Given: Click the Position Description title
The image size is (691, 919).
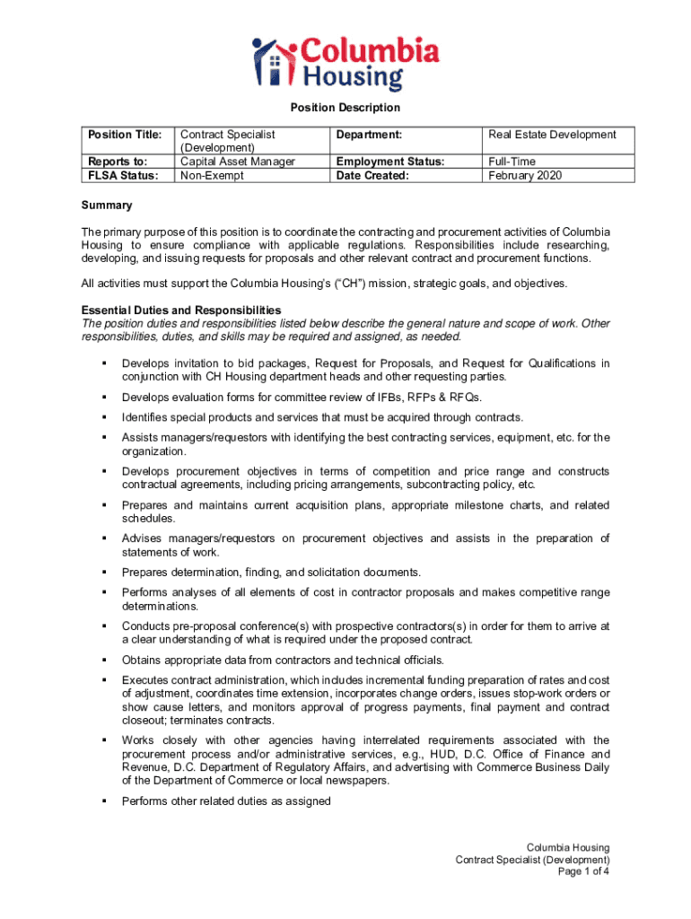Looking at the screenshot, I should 345,108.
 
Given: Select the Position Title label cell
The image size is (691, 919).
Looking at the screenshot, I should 125,135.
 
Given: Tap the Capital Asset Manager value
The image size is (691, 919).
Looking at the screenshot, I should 238,162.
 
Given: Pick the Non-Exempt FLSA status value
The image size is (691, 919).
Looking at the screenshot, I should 214,175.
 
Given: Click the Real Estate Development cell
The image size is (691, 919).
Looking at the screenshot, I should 552,135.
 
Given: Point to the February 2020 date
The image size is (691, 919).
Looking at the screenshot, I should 525,175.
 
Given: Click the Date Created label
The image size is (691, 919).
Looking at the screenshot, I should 372,175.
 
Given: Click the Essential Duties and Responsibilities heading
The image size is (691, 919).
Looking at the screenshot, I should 181,311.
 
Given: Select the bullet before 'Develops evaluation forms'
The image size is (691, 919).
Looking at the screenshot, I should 105,397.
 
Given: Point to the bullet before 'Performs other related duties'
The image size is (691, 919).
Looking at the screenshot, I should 105,801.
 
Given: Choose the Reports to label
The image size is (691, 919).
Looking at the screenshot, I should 117,162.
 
